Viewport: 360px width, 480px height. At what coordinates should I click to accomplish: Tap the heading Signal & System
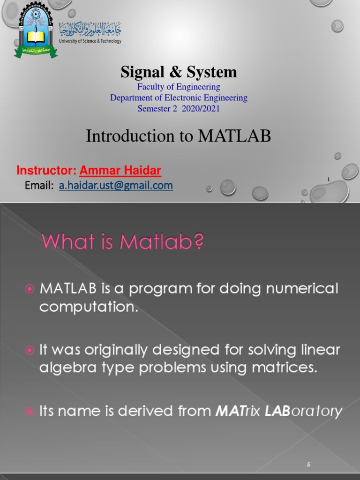pyautogui.click(x=179, y=72)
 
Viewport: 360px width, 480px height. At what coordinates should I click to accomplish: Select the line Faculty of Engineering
pyautogui.click(x=179, y=87)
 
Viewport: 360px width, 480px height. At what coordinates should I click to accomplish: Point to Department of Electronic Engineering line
pyautogui.click(x=179, y=98)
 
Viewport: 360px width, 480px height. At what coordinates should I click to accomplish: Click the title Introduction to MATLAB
pyautogui.click(x=179, y=136)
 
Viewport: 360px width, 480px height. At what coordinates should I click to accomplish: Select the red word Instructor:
pyautogui.click(x=46, y=171)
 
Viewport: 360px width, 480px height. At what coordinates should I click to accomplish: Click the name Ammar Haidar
pyautogui.click(x=120, y=171)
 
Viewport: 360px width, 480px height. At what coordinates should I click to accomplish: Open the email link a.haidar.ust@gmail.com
pyautogui.click(x=116, y=186)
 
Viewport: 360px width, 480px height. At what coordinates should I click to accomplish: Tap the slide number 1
pyautogui.click(x=329, y=180)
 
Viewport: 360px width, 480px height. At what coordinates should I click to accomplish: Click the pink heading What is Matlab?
pyautogui.click(x=123, y=242)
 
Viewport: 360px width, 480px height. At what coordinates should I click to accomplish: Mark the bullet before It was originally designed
pyautogui.click(x=30, y=351)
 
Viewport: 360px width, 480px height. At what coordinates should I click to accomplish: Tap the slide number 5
pyautogui.click(x=308, y=465)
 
